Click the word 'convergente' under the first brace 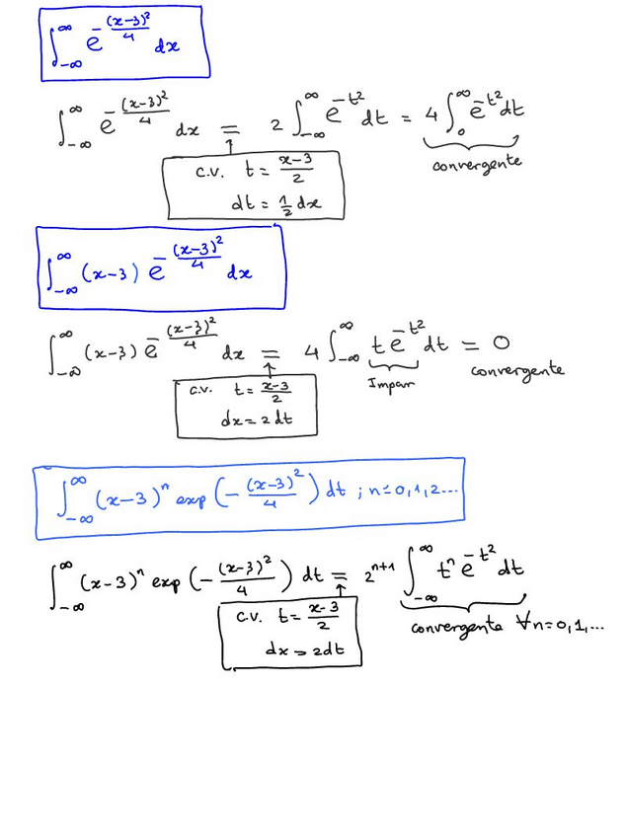477,164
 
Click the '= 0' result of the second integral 485,344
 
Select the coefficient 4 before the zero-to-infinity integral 430,114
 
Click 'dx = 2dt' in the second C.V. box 257,419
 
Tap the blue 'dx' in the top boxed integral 167,47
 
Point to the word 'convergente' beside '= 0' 517,371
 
